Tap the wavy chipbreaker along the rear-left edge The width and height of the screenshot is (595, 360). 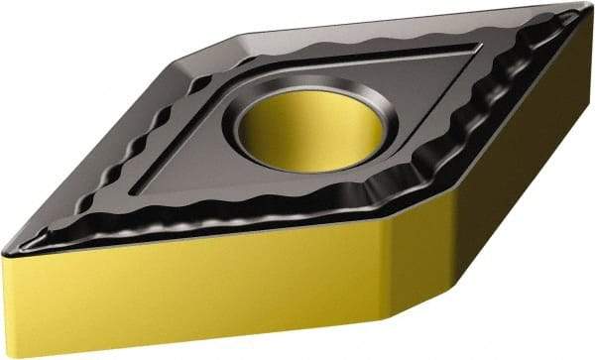pyautogui.click(x=149, y=129)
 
